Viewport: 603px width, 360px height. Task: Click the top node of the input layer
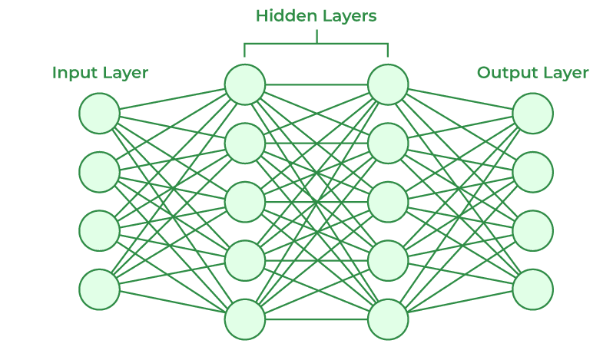(x=99, y=114)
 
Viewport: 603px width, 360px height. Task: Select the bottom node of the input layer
(x=99, y=289)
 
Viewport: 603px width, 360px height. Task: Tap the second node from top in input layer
(x=99, y=172)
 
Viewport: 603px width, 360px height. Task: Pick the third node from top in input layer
(x=99, y=230)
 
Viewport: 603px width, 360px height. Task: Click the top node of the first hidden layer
(x=245, y=84)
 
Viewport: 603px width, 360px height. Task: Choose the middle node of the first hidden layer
(x=245, y=201)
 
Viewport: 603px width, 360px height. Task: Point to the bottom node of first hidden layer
(x=245, y=319)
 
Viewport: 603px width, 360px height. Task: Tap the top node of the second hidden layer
(x=388, y=84)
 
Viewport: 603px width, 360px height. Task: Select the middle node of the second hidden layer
(x=388, y=201)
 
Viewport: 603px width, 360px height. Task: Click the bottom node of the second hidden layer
(x=388, y=319)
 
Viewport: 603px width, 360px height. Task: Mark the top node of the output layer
(x=533, y=114)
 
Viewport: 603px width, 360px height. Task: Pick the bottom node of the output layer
(x=533, y=289)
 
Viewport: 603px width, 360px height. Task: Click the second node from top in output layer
(x=533, y=172)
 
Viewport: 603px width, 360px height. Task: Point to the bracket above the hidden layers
(x=316, y=44)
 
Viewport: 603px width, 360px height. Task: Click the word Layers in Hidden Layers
(x=349, y=15)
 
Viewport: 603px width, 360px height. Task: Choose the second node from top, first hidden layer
(x=245, y=143)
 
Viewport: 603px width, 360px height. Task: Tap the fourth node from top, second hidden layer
(x=388, y=260)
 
